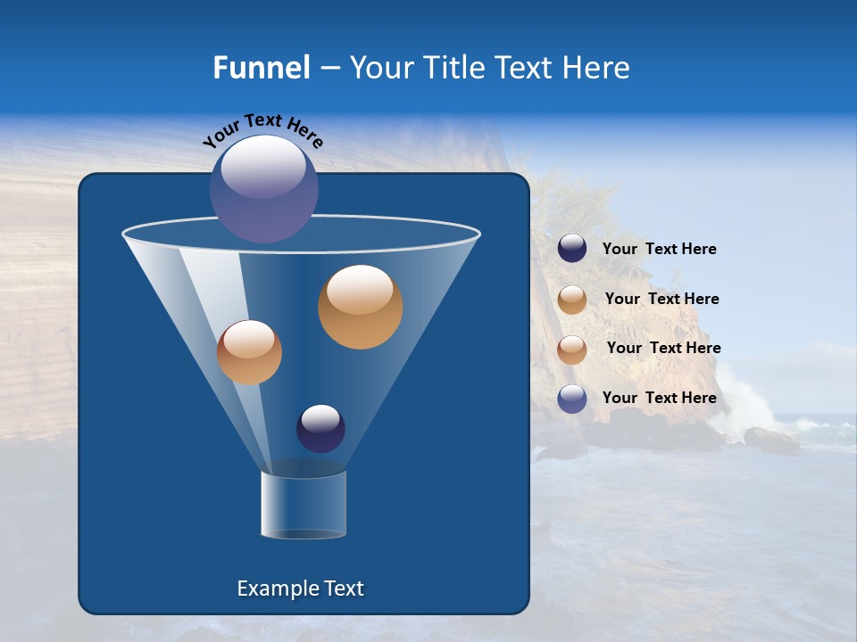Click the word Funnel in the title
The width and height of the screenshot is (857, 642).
262,68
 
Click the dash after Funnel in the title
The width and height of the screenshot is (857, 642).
329,69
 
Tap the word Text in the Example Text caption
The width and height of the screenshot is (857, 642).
343,588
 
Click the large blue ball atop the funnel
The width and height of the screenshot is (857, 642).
264,189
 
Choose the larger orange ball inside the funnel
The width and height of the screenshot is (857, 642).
360,307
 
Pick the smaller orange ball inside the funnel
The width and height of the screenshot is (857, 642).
249,352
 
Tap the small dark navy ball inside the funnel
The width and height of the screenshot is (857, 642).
320,428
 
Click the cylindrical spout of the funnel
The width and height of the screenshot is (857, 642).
303,505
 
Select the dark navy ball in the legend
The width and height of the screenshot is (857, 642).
572,249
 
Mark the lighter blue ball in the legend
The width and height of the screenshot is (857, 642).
572,399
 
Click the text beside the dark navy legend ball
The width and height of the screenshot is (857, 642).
659,250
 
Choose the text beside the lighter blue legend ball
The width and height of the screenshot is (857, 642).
659,398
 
